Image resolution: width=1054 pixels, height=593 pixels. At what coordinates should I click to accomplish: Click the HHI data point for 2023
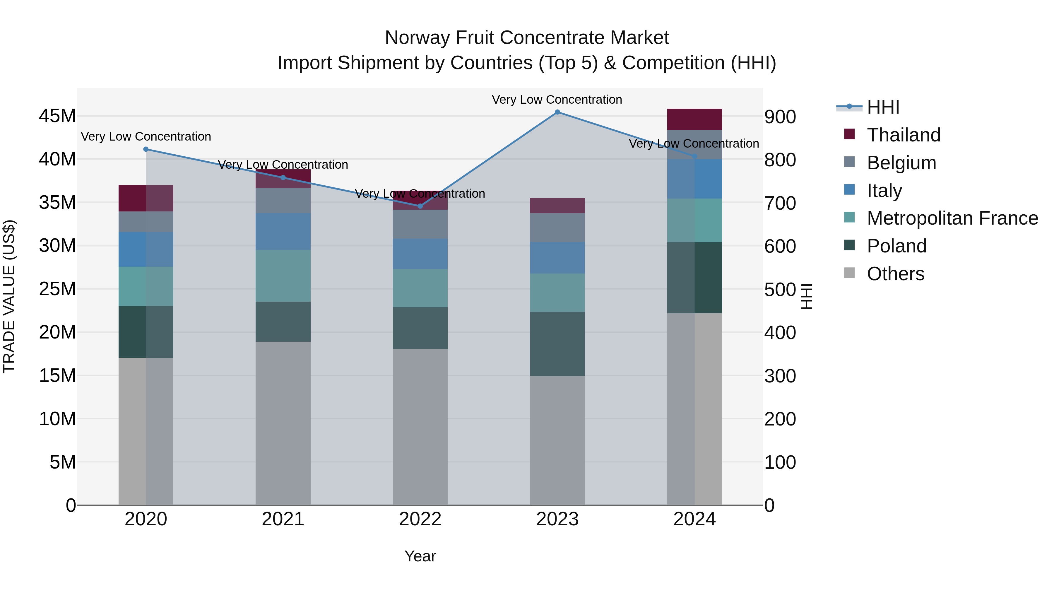coord(557,112)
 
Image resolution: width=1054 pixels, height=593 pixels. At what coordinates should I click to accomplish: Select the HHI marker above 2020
coord(146,149)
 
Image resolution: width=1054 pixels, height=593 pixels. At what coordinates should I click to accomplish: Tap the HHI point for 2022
coord(420,206)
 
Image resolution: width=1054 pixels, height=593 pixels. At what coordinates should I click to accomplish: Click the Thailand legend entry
coord(904,135)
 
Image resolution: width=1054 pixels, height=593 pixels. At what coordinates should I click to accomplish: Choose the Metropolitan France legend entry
coord(952,218)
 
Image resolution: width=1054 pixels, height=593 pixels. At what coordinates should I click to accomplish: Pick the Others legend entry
coord(895,274)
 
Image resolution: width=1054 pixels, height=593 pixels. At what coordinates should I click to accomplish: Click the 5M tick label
coord(63,462)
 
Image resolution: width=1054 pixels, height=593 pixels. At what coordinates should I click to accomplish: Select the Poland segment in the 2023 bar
coord(557,344)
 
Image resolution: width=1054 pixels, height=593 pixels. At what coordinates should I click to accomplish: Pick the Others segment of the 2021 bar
coord(283,423)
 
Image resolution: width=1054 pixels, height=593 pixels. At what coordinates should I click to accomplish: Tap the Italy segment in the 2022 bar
coord(420,254)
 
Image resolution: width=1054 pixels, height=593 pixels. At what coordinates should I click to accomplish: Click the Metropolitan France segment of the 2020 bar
coord(146,286)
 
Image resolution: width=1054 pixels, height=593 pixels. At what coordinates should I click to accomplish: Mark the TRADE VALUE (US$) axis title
coord(9,296)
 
